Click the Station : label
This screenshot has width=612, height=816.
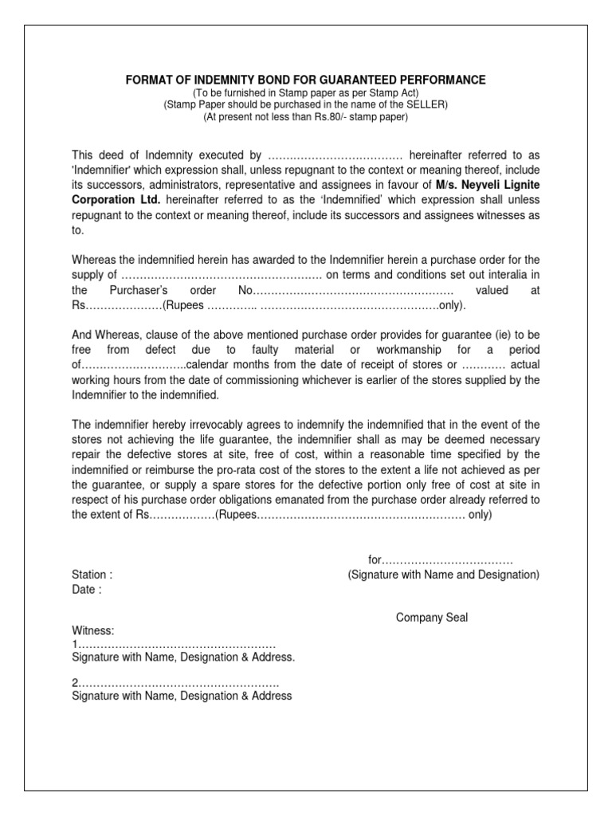pyautogui.click(x=92, y=575)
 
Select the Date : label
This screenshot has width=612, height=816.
pyautogui.click(x=86, y=590)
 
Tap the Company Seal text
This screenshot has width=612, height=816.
pyautogui.click(x=432, y=618)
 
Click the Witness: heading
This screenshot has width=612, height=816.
pyautogui.click(x=93, y=630)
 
